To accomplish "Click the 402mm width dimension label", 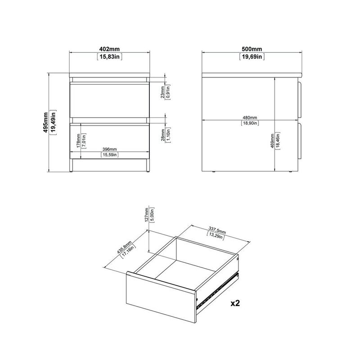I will [x=110, y=49].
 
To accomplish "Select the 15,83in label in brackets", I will [x=110, y=57].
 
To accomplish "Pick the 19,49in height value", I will [x=54, y=121].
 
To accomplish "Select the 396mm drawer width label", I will [x=109, y=149].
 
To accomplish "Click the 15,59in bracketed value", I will [x=109, y=155].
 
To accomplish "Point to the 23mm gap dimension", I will [x=163, y=92].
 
